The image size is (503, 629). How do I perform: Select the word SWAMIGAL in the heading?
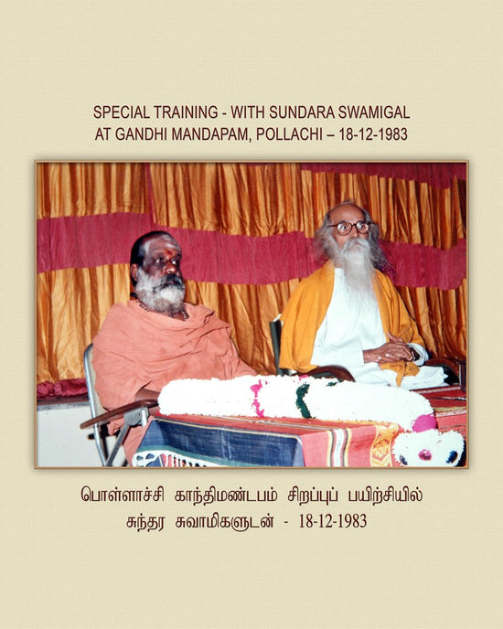pyautogui.click(x=374, y=112)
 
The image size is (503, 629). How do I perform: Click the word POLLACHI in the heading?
pyautogui.click(x=289, y=134)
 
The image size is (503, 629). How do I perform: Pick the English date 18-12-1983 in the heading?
pyautogui.click(x=373, y=134)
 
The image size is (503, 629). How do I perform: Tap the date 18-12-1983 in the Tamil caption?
pyautogui.click(x=333, y=521)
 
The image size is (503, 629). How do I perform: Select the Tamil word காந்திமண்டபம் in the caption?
pyautogui.click(x=226, y=495)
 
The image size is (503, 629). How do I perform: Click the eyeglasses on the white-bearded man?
pyautogui.click(x=350, y=228)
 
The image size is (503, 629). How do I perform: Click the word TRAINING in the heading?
pyautogui.click(x=186, y=112)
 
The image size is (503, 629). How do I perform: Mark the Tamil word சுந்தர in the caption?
pyautogui.click(x=145, y=522)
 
